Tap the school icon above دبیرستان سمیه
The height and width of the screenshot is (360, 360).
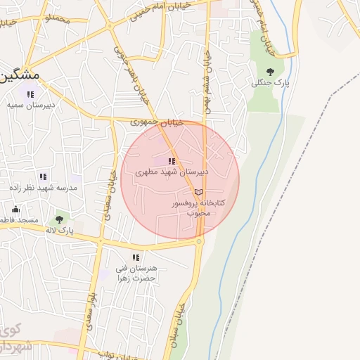(x=30, y=94)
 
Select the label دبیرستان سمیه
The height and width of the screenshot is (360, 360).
(x=31, y=105)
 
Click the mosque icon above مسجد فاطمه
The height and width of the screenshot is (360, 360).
(x=15, y=209)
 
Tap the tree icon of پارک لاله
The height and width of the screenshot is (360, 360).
(x=60, y=219)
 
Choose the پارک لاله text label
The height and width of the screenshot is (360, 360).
(x=60, y=230)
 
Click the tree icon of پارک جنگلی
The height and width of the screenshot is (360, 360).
(x=271, y=71)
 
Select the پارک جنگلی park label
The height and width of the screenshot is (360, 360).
(x=271, y=83)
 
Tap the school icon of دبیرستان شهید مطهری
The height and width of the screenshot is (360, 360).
(x=172, y=161)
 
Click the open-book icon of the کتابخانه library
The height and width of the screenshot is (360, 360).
(x=198, y=192)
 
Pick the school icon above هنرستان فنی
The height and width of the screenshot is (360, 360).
(x=136, y=257)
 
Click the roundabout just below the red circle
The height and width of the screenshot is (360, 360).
(x=199, y=242)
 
